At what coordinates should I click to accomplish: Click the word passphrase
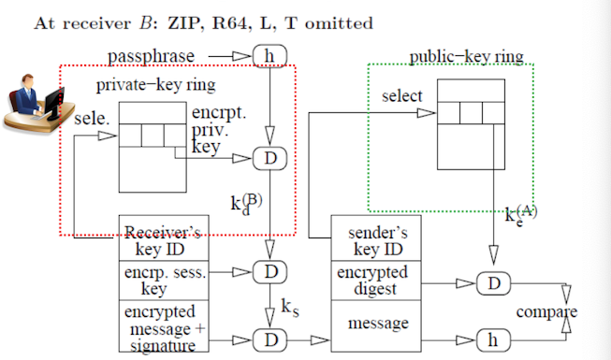coord(151,57)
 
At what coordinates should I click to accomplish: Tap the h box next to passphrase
coord(270,58)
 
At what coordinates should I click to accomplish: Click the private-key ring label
coord(155,86)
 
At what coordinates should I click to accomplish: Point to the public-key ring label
coord(466,57)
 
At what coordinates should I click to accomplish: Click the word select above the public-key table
coord(401,96)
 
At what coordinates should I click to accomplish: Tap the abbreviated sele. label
coord(90,121)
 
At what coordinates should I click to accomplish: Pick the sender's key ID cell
coord(374,242)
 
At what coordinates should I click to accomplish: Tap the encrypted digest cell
coord(374,281)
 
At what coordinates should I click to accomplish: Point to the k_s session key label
coord(290,305)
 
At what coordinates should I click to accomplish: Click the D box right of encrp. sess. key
coord(270,272)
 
